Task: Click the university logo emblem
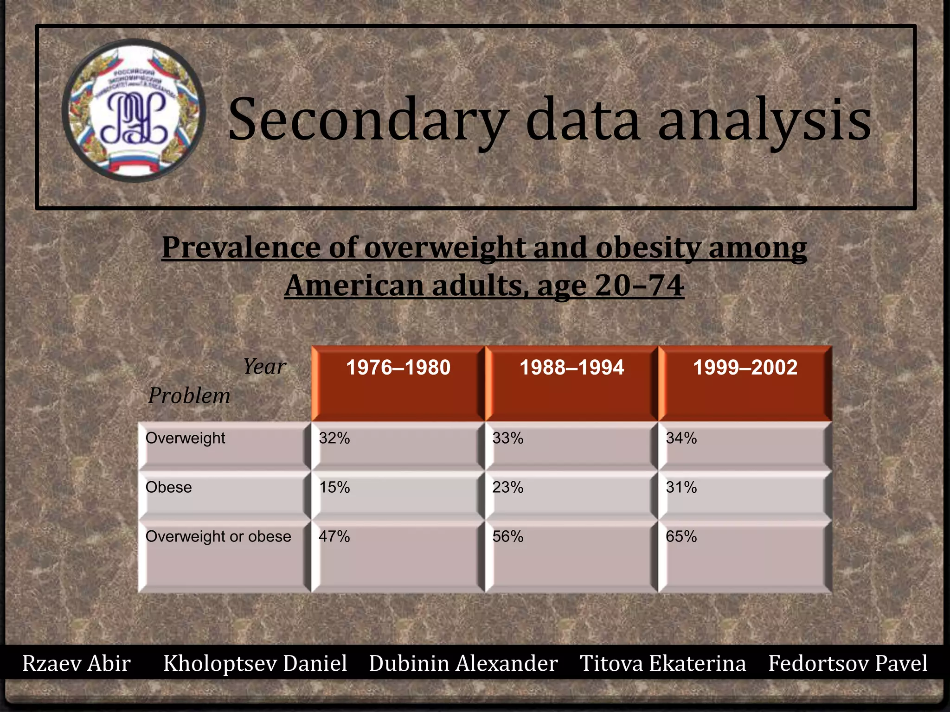click(x=134, y=110)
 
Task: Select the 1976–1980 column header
click(x=398, y=368)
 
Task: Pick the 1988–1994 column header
click(x=571, y=368)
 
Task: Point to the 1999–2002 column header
click(x=745, y=368)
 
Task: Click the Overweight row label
click(x=185, y=438)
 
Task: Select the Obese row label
click(x=168, y=487)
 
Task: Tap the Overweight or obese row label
click(x=218, y=536)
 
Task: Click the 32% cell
click(x=334, y=438)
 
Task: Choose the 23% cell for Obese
click(x=508, y=487)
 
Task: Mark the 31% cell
click(x=681, y=487)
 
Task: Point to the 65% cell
click(x=681, y=536)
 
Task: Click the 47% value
click(x=334, y=536)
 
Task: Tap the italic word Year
click(x=265, y=366)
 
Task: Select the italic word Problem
click(x=189, y=396)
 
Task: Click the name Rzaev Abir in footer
click(x=77, y=663)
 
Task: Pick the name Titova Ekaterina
click(x=663, y=663)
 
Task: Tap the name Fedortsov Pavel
click(x=848, y=663)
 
